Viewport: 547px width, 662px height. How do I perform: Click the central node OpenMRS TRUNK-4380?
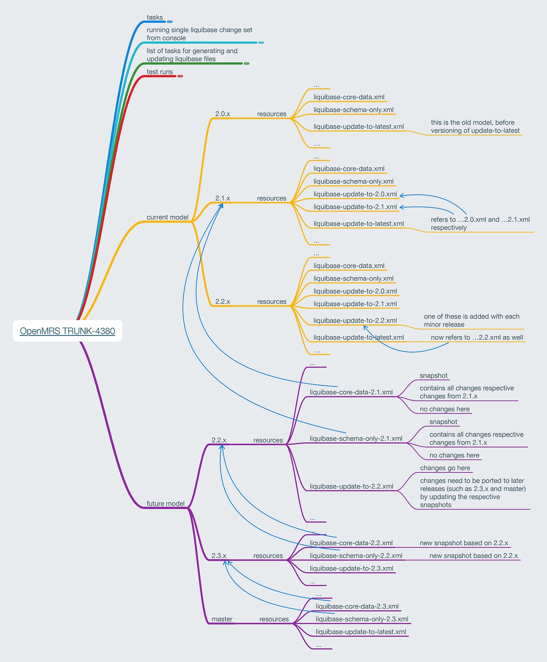click(x=67, y=331)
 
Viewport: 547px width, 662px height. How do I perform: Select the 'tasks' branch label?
click(x=155, y=17)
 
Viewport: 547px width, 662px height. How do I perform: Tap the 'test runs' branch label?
click(x=160, y=72)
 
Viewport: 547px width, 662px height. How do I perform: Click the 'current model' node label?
click(x=167, y=217)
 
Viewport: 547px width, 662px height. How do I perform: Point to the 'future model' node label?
click(x=165, y=504)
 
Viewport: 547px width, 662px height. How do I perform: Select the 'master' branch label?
click(x=222, y=619)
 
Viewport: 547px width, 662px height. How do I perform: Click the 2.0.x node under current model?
click(x=222, y=114)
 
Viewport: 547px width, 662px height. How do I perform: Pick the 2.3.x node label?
click(x=219, y=556)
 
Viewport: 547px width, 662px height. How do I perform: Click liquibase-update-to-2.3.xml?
click(x=351, y=568)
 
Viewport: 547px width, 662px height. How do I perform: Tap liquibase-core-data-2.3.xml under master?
click(x=357, y=606)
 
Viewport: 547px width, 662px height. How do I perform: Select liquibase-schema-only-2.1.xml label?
click(x=356, y=438)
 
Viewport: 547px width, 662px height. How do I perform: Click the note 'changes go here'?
click(x=445, y=468)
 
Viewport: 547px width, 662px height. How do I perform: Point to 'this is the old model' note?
click(x=475, y=126)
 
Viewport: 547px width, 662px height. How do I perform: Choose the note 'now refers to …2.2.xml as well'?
click(x=477, y=338)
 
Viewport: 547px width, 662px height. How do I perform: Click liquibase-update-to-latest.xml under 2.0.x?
click(x=359, y=126)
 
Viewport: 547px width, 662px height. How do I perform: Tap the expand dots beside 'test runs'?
click(x=180, y=76)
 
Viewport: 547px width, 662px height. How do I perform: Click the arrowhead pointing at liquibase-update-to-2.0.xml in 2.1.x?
click(x=402, y=195)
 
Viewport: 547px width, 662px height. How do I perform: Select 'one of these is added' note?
click(x=471, y=320)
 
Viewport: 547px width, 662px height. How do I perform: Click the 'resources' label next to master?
click(x=274, y=619)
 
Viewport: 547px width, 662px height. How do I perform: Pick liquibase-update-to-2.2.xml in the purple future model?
click(x=351, y=486)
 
